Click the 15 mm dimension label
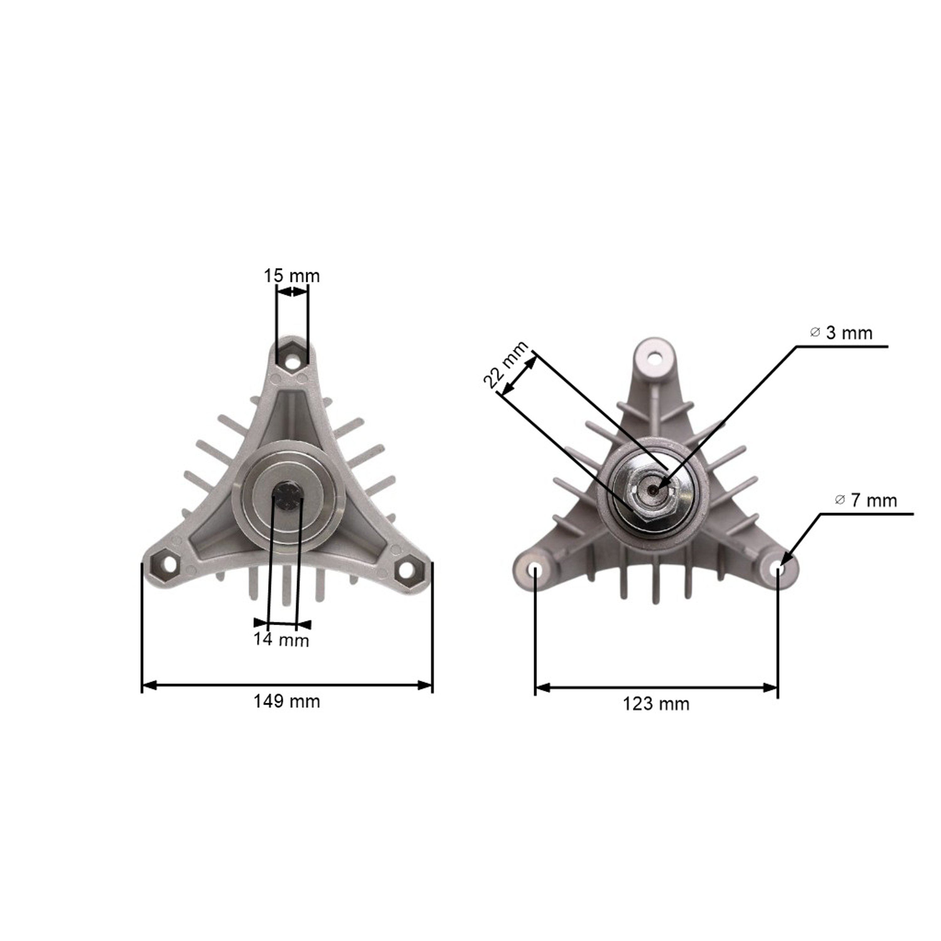(x=292, y=276)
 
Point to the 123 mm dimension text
(x=656, y=704)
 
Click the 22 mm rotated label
(x=506, y=364)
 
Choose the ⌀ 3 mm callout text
(x=841, y=333)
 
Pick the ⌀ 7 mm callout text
(x=865, y=500)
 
